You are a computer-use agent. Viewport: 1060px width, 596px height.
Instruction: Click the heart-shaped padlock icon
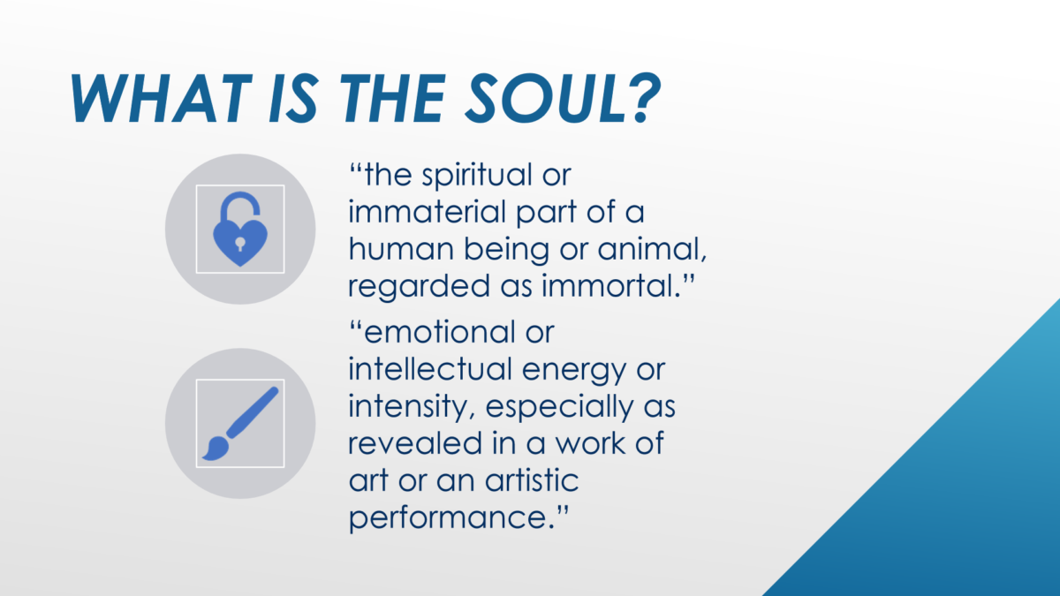pos(240,229)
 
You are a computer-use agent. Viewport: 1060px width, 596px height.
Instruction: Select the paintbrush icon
pos(240,423)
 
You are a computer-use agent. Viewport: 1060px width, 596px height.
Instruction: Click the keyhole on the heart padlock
pos(240,244)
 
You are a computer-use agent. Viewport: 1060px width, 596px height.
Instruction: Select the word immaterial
pos(428,211)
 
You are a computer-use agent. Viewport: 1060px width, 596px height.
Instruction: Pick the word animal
pos(652,249)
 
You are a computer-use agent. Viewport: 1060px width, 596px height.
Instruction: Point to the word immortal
pos(610,286)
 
